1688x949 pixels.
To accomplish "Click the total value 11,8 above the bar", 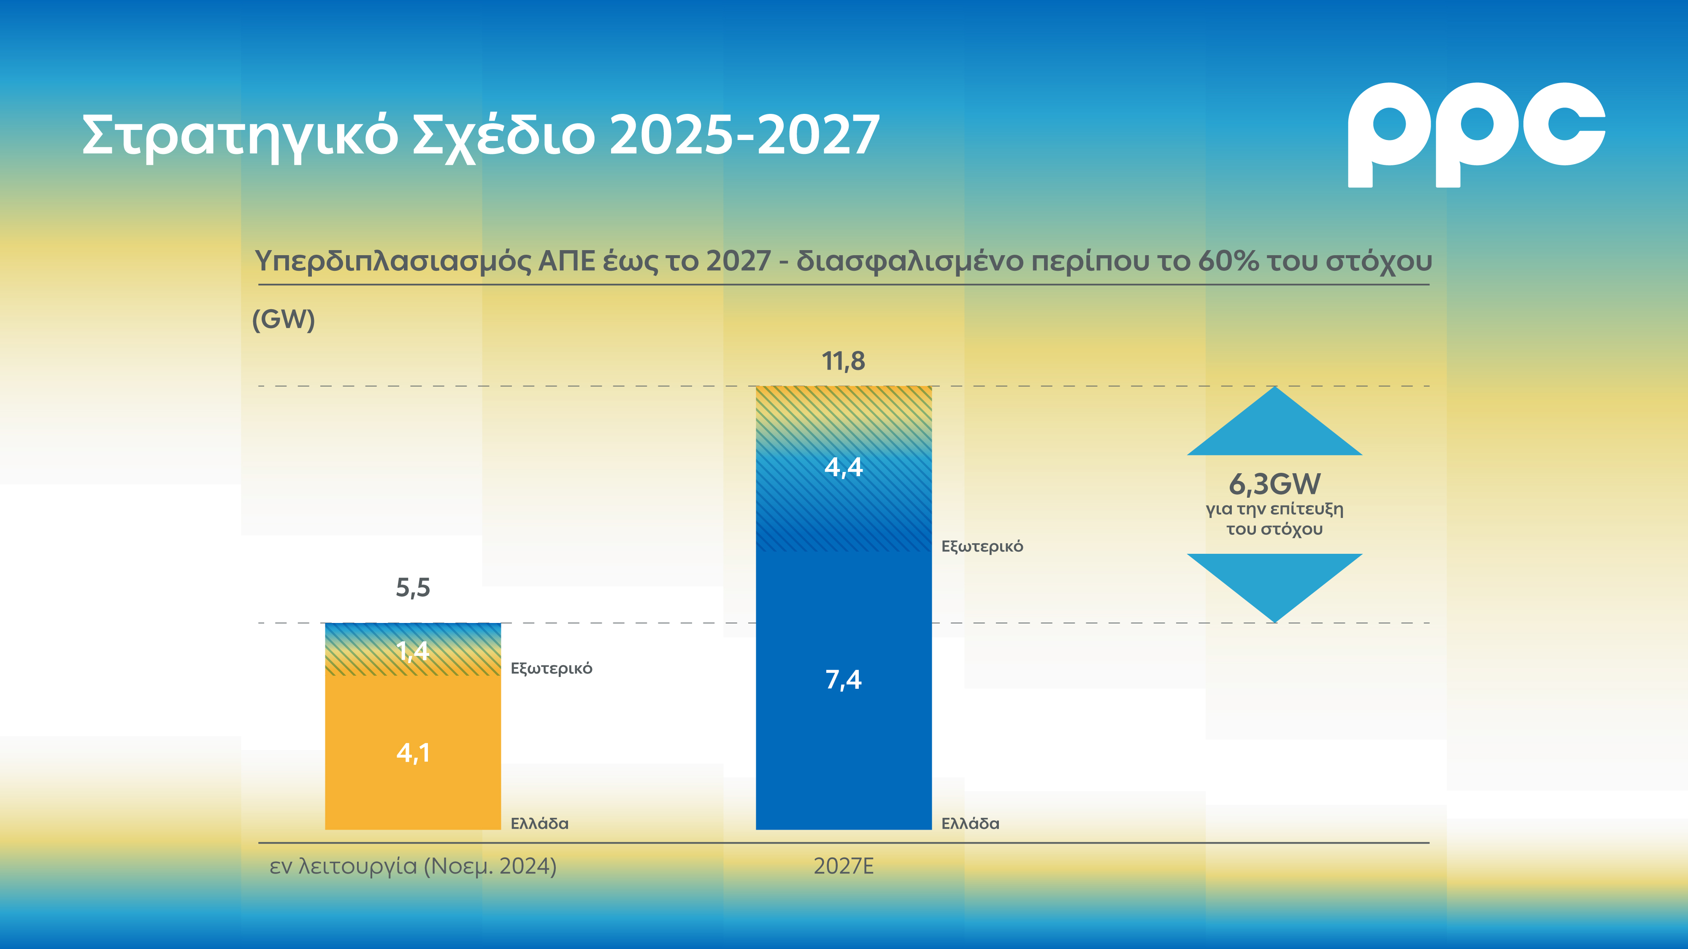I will point(843,361).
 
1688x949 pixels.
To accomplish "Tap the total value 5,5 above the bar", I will point(413,588).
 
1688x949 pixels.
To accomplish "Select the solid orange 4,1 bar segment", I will point(413,753).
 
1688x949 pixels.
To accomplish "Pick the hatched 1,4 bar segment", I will point(413,650).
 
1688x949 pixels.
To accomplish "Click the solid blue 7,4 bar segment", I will point(843,681).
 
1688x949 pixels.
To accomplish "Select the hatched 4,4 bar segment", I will point(843,468).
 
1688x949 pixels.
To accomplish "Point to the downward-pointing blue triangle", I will point(1274,580).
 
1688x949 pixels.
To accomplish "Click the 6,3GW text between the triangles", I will point(1274,485).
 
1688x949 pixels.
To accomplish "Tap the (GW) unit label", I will point(284,320).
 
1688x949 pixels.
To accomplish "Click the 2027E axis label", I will point(843,866).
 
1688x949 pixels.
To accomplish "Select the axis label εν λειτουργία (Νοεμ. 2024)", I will point(413,866).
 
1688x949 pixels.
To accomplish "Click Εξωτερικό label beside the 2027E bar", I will point(982,546).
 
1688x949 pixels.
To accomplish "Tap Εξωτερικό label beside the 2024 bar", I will point(551,668).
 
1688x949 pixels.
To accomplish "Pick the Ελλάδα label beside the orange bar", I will point(539,823).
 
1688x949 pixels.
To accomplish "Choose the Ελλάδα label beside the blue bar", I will point(970,823).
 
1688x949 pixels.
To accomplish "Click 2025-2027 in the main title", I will point(744,135).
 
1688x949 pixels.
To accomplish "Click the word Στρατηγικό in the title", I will point(240,135).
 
